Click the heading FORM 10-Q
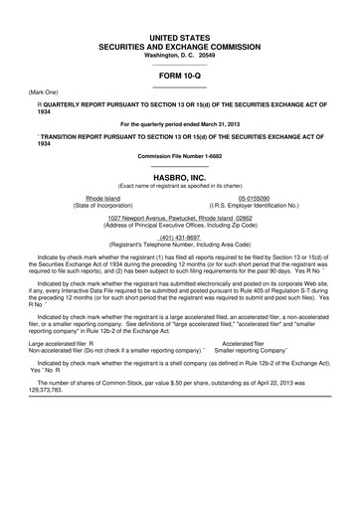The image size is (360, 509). [180, 76]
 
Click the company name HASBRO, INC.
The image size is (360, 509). [180, 175]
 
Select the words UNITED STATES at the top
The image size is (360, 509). [180, 36]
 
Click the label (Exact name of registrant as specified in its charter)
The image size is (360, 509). [180, 185]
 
